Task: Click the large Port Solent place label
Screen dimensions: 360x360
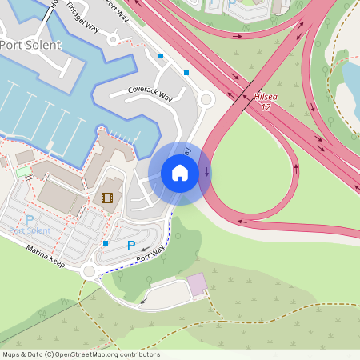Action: tap(30, 45)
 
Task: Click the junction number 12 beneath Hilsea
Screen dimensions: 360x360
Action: tap(266, 106)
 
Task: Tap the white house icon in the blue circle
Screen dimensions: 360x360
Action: tap(180, 173)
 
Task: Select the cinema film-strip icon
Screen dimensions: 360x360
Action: tap(107, 197)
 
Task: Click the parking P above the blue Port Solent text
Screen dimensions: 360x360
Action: tap(30, 219)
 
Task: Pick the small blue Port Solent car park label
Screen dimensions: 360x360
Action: tap(30, 230)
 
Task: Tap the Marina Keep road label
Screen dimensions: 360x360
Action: tap(45, 256)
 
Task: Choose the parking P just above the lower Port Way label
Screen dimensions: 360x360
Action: tap(131, 246)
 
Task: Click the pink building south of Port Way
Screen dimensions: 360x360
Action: tap(196, 284)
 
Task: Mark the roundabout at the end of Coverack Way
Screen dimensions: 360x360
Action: tap(206, 99)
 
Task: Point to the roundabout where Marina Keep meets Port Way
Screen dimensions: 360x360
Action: tap(88, 272)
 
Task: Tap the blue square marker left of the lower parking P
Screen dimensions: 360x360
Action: tap(105, 242)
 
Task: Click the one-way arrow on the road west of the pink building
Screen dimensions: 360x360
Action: tap(145, 301)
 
